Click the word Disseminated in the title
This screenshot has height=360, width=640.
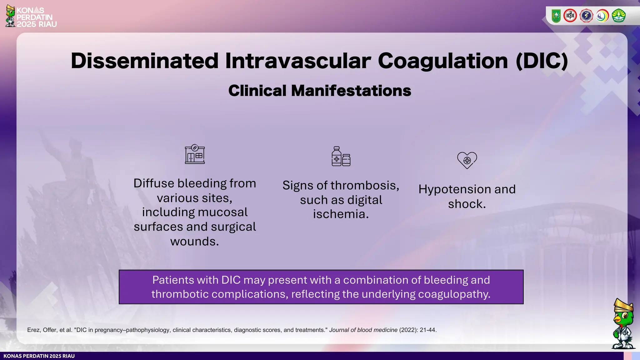[x=144, y=61]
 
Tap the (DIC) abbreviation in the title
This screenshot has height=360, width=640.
[x=542, y=61]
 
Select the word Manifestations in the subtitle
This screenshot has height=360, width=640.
[x=351, y=91]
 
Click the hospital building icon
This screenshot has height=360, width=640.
[x=195, y=154]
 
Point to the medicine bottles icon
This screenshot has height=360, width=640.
[x=341, y=156]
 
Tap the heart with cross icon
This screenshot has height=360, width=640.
[x=467, y=160]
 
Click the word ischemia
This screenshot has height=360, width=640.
[x=341, y=214]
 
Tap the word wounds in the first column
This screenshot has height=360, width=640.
[x=194, y=242]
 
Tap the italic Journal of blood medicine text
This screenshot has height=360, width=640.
[x=363, y=330]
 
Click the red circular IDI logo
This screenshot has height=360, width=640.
[x=570, y=16]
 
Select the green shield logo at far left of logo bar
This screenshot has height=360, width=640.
[x=556, y=16]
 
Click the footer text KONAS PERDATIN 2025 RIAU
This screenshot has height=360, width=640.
[x=39, y=356]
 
